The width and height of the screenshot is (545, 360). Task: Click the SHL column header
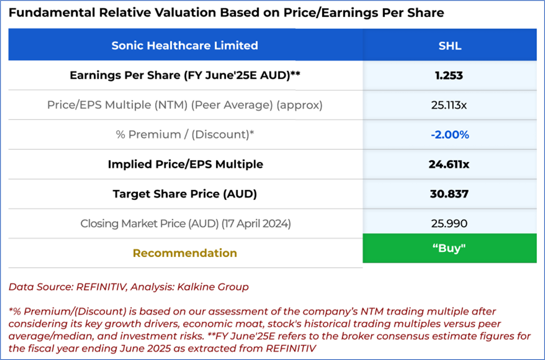[x=450, y=46]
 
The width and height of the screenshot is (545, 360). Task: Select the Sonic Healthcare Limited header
[x=185, y=46]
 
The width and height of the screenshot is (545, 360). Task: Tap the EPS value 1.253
[x=449, y=75]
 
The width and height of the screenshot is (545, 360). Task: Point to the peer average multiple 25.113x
[x=449, y=105]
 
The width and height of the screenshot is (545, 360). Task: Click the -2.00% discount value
[x=450, y=135]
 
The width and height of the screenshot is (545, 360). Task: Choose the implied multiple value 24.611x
[x=449, y=164]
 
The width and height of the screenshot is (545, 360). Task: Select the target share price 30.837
[x=449, y=194]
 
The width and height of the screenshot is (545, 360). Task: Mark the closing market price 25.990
[x=449, y=223]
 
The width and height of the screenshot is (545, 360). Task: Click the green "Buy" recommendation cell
[x=449, y=248]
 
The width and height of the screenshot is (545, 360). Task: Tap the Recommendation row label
[x=185, y=253]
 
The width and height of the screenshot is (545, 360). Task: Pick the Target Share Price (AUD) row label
[x=185, y=194]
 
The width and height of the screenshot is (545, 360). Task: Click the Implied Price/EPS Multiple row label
[x=185, y=164]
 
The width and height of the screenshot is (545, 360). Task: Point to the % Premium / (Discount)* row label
[x=185, y=135]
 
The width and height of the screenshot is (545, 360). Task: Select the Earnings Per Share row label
[x=185, y=75]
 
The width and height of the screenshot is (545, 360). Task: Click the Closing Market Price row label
[x=185, y=223]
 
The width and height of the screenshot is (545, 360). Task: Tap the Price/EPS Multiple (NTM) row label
[x=185, y=105]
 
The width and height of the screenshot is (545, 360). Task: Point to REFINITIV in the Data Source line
[x=101, y=287]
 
